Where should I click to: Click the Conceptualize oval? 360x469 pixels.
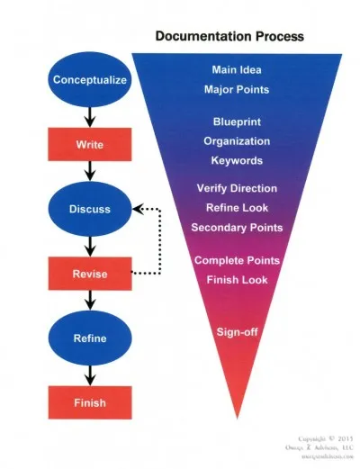(90, 79)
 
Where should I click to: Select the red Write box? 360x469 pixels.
(90, 143)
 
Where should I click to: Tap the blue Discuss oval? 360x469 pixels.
(90, 209)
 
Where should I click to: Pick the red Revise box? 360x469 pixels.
(90, 274)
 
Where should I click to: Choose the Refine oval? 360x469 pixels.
(90, 338)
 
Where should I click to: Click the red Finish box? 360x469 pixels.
(90, 402)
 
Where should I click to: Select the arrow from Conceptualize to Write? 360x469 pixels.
(90, 114)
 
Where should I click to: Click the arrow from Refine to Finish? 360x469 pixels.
(90, 374)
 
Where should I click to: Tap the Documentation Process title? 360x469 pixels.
(229, 37)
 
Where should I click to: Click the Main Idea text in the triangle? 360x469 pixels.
(238, 70)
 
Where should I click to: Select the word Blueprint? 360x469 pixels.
(238, 122)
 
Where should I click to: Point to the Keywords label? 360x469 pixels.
(238, 161)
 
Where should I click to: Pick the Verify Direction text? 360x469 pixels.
(238, 188)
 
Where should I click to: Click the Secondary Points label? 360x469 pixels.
(238, 227)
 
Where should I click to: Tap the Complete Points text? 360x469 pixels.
(238, 261)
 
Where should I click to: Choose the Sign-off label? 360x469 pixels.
(238, 332)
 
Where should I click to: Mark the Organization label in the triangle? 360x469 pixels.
(238, 141)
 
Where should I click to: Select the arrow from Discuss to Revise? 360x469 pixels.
(90, 244)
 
